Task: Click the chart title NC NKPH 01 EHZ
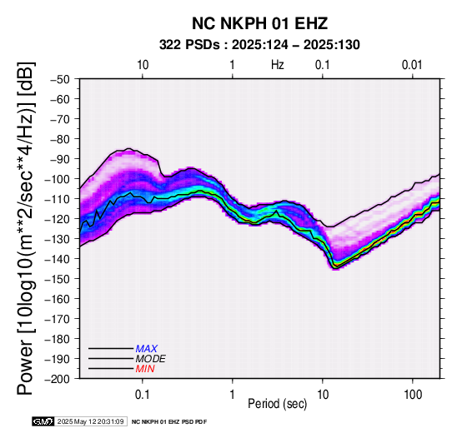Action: [259, 23]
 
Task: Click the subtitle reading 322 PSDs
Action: [189, 45]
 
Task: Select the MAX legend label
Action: [147, 349]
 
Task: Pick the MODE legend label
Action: [151, 359]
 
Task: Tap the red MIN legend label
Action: [145, 369]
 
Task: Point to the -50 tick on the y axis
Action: [60, 79]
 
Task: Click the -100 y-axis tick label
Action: [58, 179]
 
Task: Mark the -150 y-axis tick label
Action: [58, 279]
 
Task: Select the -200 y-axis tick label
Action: [58, 379]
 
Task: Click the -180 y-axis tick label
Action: [58, 339]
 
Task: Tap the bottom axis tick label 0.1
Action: [143, 395]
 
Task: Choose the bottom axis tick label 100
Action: [413, 395]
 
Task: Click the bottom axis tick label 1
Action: [233, 395]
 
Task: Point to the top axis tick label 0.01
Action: [413, 65]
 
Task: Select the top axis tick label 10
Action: [143, 65]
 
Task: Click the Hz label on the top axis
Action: [278, 65]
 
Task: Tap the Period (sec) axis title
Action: [278, 404]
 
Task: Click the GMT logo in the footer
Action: [43, 421]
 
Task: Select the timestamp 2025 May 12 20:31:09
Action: [90, 421]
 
